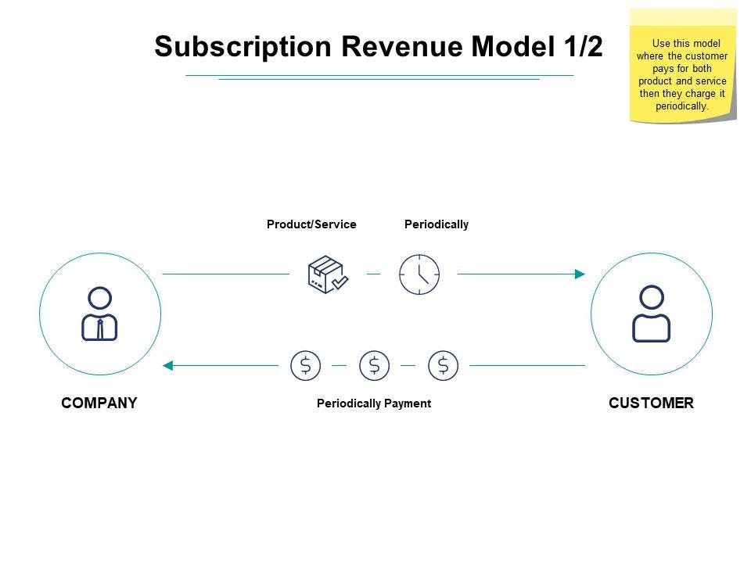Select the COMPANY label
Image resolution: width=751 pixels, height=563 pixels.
tap(99, 403)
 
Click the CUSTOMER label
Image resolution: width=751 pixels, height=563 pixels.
tap(651, 403)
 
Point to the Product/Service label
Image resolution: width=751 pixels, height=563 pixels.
tap(311, 224)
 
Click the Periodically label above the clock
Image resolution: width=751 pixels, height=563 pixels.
tap(437, 224)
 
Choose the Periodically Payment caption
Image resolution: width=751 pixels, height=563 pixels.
tap(374, 403)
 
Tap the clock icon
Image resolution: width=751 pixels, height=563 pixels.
tap(419, 274)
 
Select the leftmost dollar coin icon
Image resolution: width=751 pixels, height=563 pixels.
tap(305, 365)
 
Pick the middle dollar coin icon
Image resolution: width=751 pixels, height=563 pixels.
tap(374, 365)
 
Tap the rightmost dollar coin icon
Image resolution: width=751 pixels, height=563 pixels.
tap(444, 365)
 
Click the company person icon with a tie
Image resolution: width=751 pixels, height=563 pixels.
tap(100, 314)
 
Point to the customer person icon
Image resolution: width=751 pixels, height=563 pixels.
tap(652, 314)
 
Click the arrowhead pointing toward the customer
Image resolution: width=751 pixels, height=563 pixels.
tap(580, 274)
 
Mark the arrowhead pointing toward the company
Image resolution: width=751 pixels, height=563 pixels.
tap(167, 365)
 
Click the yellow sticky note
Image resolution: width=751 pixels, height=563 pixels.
tap(683, 66)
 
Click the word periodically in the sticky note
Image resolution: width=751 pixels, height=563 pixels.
tap(682, 106)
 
